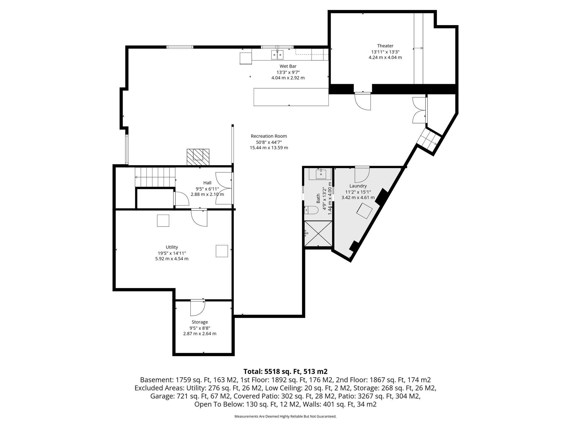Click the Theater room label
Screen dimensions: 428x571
pos(385,46)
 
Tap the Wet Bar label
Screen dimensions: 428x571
pos(288,66)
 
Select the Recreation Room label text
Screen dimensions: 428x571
pos(268,136)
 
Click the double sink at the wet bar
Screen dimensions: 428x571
pos(277,55)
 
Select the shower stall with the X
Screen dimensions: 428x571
pos(318,234)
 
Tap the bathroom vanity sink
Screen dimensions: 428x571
pos(321,174)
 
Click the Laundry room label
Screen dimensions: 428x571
pos(358,186)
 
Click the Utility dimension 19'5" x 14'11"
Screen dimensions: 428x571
pos(171,253)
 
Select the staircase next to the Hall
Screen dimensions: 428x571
pos(155,177)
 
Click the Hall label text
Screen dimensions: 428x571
pos(207,183)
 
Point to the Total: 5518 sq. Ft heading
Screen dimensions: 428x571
pos(285,371)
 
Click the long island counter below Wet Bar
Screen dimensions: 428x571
pos(291,97)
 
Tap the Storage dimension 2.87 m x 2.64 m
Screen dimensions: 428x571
pos(199,334)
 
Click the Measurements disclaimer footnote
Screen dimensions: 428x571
pos(285,417)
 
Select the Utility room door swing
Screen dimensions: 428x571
pos(199,218)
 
